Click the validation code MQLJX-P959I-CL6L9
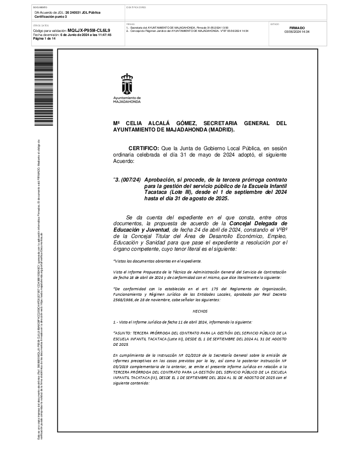pyautogui.click(x=89, y=30)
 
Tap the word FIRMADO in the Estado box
pyautogui.click(x=297, y=28)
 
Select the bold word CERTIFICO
pyautogui.click(x=144, y=148)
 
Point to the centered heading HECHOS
pyautogui.click(x=200, y=311)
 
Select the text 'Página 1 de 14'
pyautogui.click(x=45, y=39)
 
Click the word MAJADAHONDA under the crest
pyautogui.click(x=127, y=102)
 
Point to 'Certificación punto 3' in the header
pyautogui.click(x=50, y=16)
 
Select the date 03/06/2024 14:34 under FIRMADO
pyautogui.click(x=297, y=32)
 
